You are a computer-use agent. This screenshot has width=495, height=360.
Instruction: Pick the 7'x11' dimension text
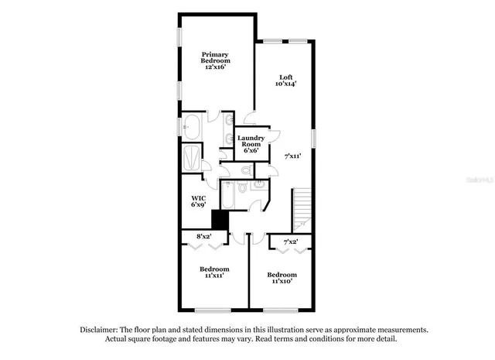pos(292,156)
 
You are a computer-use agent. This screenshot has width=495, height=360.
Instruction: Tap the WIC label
pos(198,198)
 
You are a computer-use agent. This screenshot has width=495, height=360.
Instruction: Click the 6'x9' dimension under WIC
pos(198,206)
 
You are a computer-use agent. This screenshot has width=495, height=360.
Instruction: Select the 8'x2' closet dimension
pos(204,235)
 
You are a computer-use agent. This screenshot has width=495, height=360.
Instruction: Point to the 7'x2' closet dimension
pos(291,242)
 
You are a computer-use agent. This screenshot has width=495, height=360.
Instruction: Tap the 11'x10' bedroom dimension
pos(281,282)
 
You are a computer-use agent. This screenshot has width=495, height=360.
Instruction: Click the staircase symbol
pos(302,207)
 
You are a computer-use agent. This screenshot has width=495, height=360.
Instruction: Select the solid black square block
pos(220,221)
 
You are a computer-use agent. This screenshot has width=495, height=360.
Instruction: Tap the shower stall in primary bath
pos(191,159)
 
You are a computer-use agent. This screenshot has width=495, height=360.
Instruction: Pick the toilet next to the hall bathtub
pos(242,187)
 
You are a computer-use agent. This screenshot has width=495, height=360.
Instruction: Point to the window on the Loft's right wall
pos(314,135)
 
